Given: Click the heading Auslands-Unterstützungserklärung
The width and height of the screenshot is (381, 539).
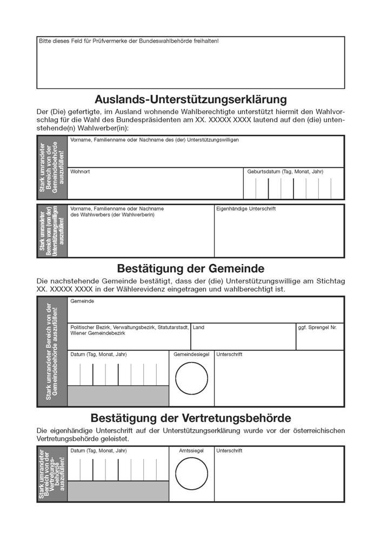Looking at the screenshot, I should click(190, 100).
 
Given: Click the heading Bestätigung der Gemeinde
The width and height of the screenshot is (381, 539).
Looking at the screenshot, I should click(190, 268).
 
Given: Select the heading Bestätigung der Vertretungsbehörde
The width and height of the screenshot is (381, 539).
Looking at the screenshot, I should click(190, 418).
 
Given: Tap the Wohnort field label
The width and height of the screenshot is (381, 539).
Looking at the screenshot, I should click(80, 172).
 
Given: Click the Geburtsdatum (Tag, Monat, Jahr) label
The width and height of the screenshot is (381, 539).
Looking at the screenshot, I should click(285, 172).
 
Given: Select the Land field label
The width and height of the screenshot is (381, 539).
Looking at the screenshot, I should click(198, 327).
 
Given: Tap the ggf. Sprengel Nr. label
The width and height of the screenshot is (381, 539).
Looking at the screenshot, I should click(317, 327).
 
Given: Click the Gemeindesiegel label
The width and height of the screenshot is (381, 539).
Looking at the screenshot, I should click(191, 354).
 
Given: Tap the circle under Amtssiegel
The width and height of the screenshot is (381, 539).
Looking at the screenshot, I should click(191, 475).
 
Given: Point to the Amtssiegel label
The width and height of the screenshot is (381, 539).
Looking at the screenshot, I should click(191, 450).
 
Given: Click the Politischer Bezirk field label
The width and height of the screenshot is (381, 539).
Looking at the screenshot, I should click(129, 330).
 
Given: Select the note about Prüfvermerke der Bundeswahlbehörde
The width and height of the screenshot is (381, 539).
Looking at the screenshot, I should click(129, 41).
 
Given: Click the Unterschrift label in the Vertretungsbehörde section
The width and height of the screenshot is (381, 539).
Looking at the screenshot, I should click(229, 450).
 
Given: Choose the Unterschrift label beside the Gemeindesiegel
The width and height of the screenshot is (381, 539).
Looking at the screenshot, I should click(229, 354).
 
